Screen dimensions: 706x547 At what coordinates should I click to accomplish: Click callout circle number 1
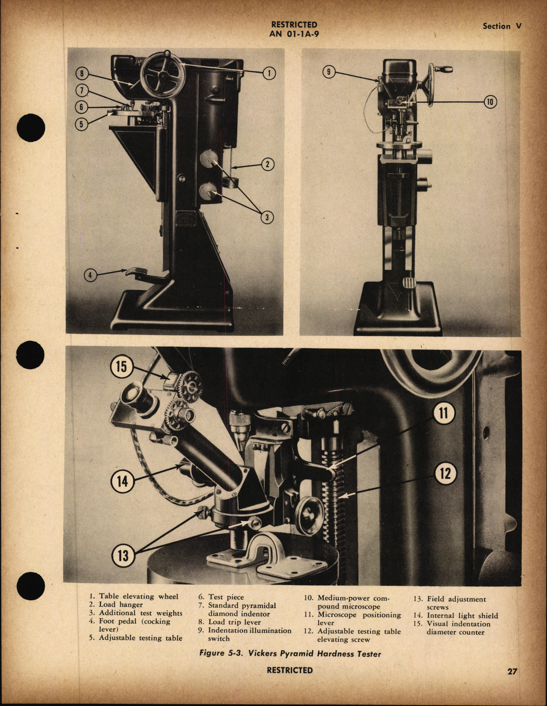(x=269, y=73)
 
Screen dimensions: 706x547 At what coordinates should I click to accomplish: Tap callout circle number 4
(x=90, y=275)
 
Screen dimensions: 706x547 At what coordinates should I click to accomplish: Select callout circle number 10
(x=490, y=102)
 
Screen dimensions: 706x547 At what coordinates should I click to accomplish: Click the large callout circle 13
(x=123, y=555)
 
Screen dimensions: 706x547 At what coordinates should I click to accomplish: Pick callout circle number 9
(x=329, y=72)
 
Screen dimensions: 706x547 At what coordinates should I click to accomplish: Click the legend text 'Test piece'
(x=225, y=597)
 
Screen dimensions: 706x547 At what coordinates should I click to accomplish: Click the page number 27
(x=512, y=671)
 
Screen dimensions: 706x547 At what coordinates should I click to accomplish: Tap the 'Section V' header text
(x=502, y=26)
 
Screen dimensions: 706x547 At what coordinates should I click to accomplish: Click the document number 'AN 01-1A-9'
(x=294, y=34)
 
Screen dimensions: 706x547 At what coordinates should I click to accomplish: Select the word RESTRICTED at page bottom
(x=289, y=670)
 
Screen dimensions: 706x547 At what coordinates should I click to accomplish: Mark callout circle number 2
(x=268, y=164)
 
